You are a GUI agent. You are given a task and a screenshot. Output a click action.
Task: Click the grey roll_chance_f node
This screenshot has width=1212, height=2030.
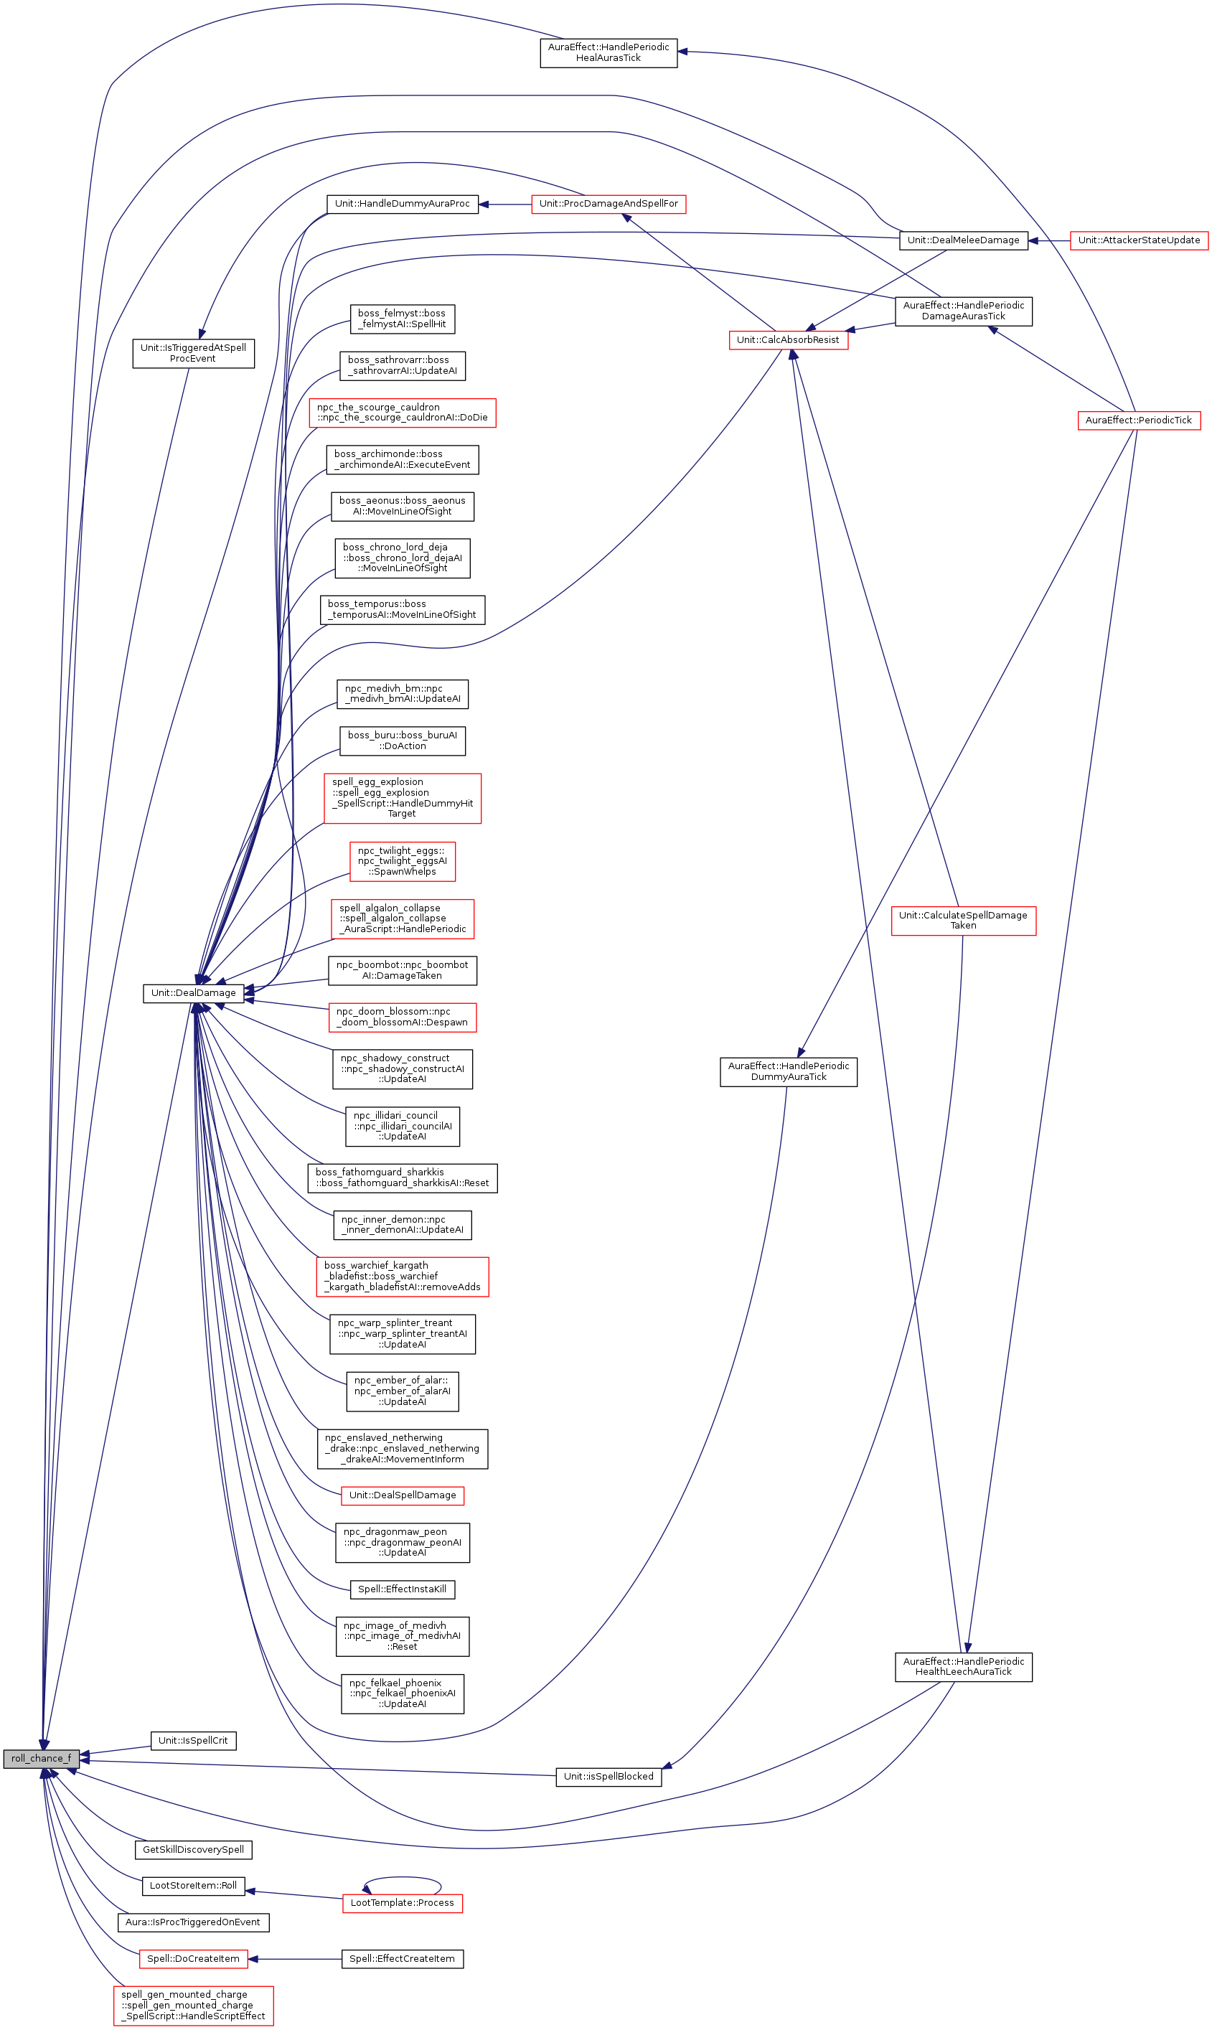pyautogui.click(x=41, y=1758)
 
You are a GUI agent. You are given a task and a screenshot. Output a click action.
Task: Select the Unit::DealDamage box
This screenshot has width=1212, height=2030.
pyautogui.click(x=194, y=993)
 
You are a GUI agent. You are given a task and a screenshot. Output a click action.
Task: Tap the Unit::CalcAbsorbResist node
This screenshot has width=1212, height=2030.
pyautogui.click(x=788, y=339)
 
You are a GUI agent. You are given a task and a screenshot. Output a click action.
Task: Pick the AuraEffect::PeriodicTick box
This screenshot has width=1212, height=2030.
pyautogui.click(x=1139, y=420)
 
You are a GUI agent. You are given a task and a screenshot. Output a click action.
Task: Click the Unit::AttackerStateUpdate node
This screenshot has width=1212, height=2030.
pyautogui.click(x=1139, y=240)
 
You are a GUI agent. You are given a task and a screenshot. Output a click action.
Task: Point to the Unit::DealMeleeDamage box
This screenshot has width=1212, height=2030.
pyautogui.click(x=963, y=240)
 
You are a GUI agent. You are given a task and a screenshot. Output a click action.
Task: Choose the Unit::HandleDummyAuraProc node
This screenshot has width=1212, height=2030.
pyautogui.click(x=402, y=203)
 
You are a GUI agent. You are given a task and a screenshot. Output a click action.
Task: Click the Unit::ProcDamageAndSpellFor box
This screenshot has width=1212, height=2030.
pyautogui.click(x=609, y=203)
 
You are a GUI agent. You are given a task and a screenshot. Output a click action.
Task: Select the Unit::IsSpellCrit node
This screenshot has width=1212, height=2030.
pyautogui.click(x=194, y=1740)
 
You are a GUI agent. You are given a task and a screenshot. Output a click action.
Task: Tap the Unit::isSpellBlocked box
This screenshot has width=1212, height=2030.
pyautogui.click(x=609, y=1776)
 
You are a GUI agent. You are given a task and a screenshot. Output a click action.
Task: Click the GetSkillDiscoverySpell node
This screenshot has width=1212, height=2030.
pyautogui.click(x=194, y=1850)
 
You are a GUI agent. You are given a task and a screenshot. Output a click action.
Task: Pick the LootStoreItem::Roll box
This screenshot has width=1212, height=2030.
pyautogui.click(x=194, y=1886)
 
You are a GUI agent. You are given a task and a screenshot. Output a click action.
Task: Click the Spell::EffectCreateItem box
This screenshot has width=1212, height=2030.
pyautogui.click(x=402, y=1958)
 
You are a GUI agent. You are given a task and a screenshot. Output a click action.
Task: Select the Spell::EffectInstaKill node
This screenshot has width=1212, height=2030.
pyautogui.click(x=402, y=1589)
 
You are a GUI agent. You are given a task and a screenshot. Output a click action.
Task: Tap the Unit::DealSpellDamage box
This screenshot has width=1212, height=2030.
pyautogui.click(x=402, y=1495)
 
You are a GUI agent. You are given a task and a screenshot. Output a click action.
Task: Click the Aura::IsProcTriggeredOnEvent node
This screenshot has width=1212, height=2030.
pyautogui.click(x=194, y=1922)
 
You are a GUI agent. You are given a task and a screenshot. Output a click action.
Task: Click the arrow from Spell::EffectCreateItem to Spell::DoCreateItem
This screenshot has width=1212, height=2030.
pyautogui.click(x=294, y=1958)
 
